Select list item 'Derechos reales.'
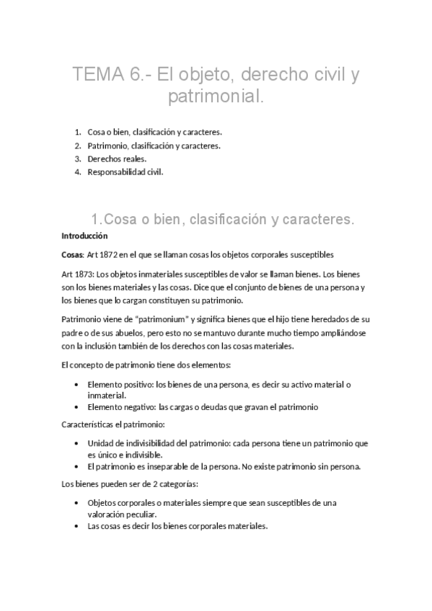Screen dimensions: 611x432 coord(116,159)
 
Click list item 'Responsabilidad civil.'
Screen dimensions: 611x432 coord(125,171)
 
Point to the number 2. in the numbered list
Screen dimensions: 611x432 coord(78,146)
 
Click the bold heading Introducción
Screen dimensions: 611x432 coord(84,236)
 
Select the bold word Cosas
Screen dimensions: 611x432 coord(72,254)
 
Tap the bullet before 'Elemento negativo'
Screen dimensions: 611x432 coord(77,406)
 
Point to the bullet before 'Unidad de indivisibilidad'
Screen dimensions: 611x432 coord(77,443)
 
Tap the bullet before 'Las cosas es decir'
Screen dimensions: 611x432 coord(77,525)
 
